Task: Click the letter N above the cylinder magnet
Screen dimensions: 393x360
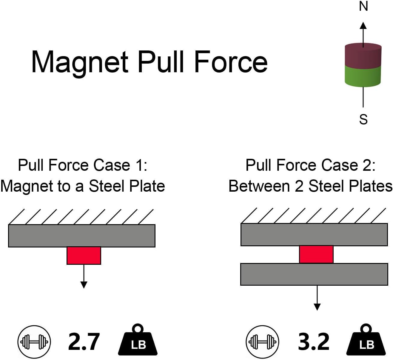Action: click(363, 6)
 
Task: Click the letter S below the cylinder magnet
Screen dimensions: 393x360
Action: click(363, 119)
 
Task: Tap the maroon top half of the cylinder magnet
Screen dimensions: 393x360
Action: click(363, 56)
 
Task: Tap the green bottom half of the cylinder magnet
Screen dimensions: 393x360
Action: click(363, 76)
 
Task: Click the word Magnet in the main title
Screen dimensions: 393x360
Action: click(80, 63)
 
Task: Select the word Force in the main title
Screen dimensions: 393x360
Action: click(231, 62)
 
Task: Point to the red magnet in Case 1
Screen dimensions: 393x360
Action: click(84, 256)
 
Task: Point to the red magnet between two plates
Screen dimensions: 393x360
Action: click(316, 254)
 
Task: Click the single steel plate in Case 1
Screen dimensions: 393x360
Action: click(82, 236)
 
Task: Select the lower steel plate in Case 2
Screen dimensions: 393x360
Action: click(314, 274)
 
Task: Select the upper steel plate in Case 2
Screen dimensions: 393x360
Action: click(314, 235)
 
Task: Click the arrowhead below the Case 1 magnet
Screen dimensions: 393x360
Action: click(84, 285)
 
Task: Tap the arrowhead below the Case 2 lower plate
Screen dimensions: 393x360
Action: click(317, 307)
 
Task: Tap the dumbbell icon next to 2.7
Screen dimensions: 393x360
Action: click(34, 342)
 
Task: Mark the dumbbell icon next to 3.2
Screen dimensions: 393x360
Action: click(262, 342)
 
